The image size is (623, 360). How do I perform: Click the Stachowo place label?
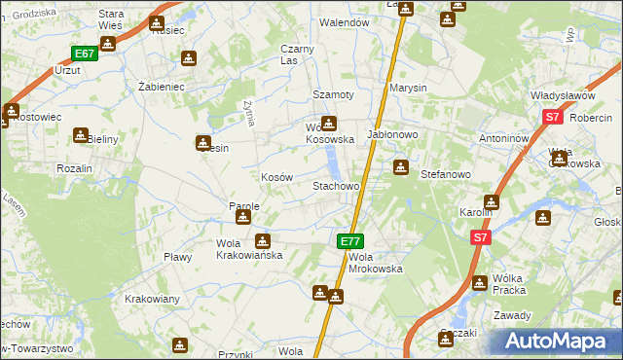[336, 185]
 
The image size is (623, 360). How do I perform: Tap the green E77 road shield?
[350, 240]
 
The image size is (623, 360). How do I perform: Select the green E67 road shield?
[84, 54]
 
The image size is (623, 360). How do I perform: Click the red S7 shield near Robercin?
[552, 117]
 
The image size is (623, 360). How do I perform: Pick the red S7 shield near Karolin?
[480, 236]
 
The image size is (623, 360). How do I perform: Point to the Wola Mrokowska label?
[375, 262]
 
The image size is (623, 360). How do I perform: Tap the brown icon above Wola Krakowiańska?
[262, 240]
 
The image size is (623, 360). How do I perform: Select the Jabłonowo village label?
[391, 134]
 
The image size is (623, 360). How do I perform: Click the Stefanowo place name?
[445, 174]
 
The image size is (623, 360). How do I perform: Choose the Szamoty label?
[332, 94]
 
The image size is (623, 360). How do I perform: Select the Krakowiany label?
[151, 299]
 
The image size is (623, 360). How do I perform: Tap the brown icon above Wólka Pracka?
[479, 282]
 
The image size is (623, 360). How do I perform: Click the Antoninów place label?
[503, 138]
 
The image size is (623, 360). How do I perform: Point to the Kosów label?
[276, 177]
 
